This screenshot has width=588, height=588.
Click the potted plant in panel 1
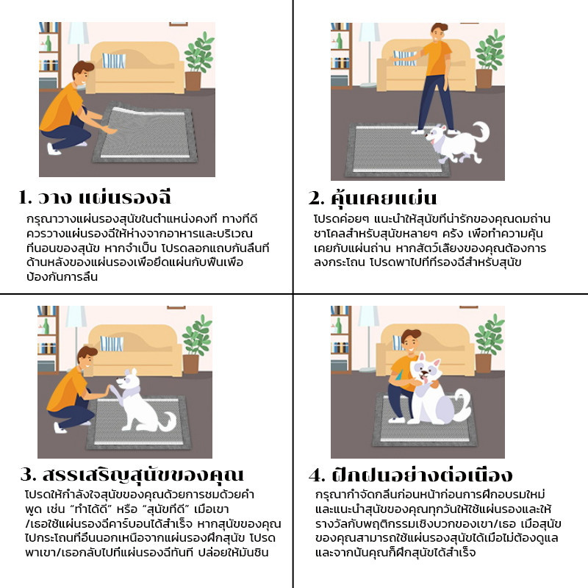point(197,62)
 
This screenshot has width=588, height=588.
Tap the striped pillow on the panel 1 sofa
point(114,60)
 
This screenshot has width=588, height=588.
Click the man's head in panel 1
point(82,73)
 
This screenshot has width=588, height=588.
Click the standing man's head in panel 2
point(440,33)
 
